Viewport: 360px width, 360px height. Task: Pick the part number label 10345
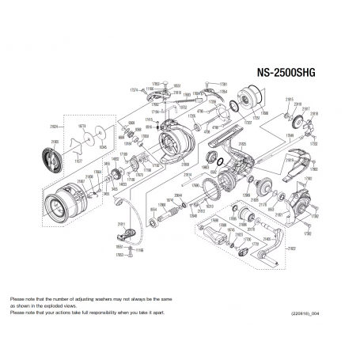tap(102, 147)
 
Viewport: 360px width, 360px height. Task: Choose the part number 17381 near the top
tap(223, 83)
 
